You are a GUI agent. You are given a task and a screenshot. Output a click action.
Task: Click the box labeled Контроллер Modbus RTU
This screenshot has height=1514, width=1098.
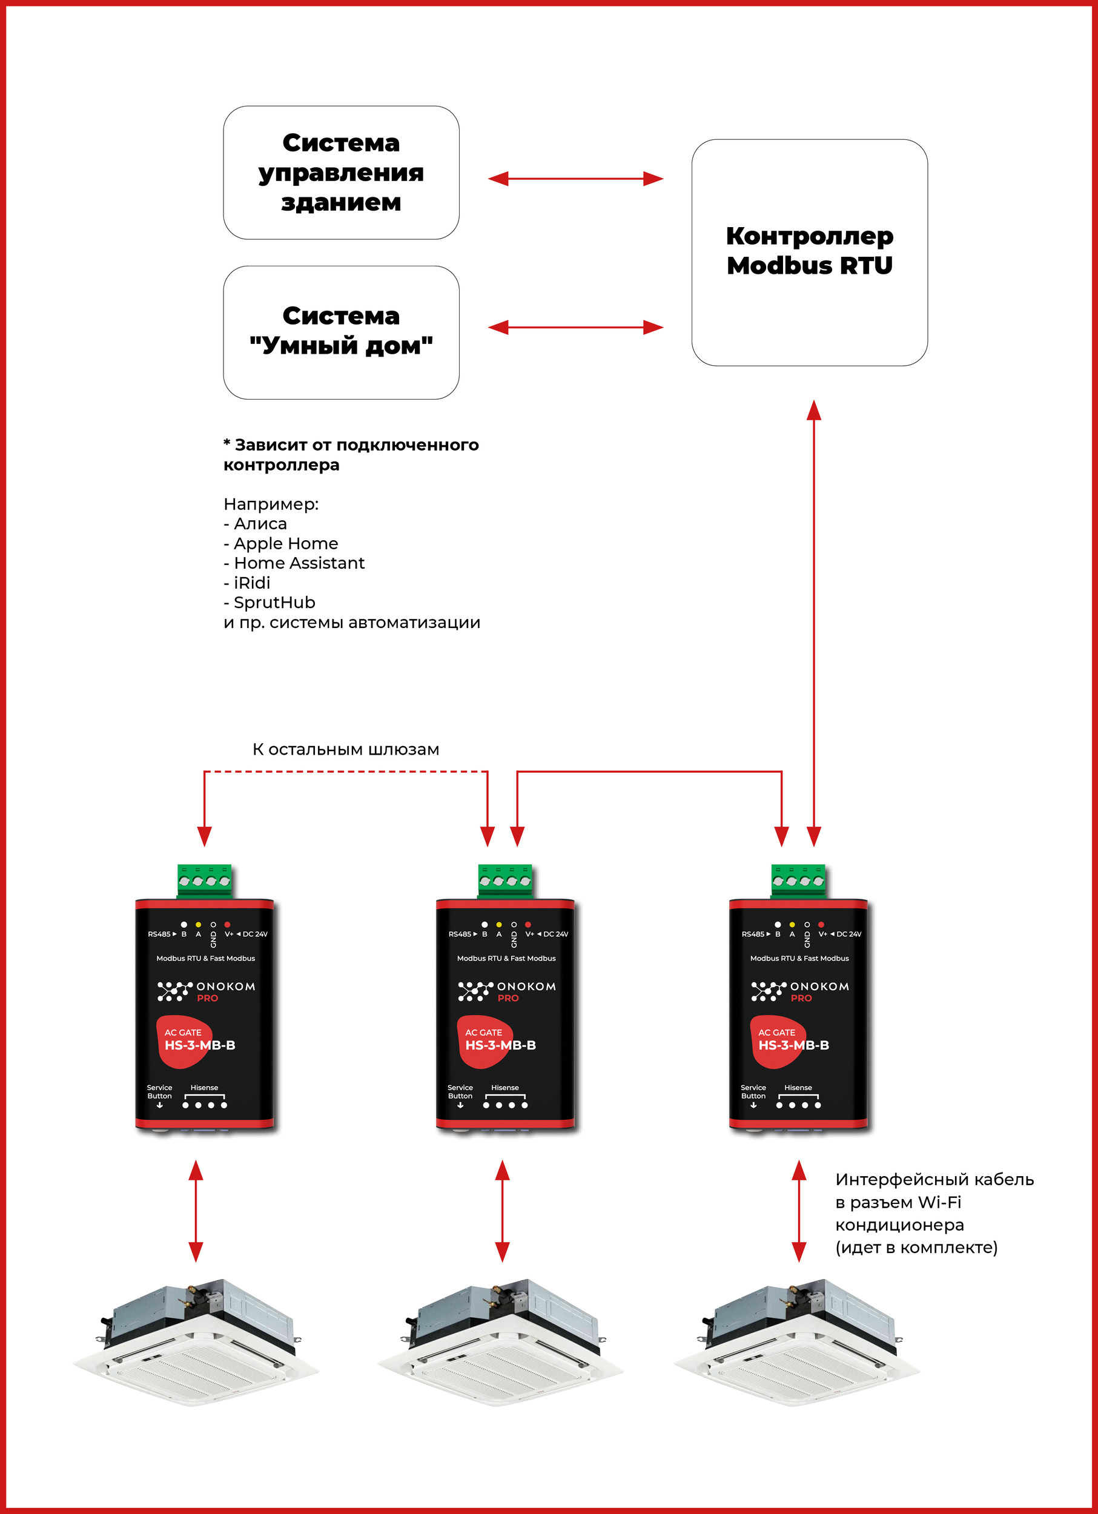809,252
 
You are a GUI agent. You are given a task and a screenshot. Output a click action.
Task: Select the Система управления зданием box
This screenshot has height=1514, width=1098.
341,172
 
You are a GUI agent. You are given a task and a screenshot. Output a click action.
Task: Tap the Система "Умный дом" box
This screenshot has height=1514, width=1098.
341,332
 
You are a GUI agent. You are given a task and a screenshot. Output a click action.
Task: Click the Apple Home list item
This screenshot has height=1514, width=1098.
285,543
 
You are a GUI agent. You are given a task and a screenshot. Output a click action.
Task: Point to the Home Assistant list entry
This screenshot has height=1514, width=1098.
299,563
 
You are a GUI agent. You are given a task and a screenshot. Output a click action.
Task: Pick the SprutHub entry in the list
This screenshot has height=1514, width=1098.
274,602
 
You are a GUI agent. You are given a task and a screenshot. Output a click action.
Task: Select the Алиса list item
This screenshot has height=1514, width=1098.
260,523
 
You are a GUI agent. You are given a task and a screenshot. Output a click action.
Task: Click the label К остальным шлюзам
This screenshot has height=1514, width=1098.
346,749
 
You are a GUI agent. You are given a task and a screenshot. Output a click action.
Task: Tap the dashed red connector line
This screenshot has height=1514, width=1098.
346,772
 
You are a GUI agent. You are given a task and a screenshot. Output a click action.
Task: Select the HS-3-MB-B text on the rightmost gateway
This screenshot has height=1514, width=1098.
793,1045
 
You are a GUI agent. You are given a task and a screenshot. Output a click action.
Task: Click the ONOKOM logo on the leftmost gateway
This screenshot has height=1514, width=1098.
207,991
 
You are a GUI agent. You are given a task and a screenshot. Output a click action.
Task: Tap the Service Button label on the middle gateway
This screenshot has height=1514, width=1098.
460,1091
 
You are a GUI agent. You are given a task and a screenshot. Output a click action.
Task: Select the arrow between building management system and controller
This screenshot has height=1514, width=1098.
575,178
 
